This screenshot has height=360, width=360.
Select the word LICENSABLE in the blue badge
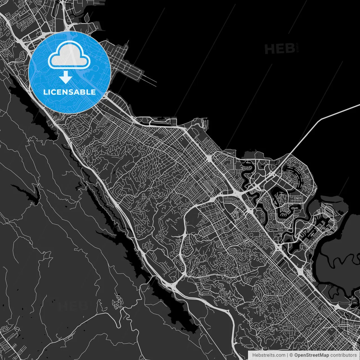[x=69, y=92]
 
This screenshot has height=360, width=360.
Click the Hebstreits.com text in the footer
[x=269, y=355]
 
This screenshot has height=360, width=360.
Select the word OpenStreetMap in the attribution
[x=311, y=355]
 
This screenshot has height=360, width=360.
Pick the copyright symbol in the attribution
[x=291, y=355]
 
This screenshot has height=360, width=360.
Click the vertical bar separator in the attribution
[x=287, y=355]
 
